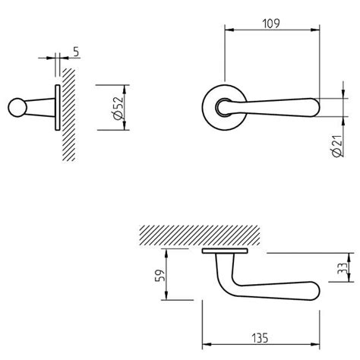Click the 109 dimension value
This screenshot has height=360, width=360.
tap(271, 24)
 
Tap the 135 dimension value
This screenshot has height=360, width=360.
tap(260, 338)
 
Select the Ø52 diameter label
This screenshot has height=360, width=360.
tap(118, 108)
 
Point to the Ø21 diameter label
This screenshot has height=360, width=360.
tap(337, 146)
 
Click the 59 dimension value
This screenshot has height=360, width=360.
tap(160, 275)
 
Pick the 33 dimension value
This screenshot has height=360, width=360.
tap(343, 268)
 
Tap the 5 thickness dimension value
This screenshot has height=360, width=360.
tap(76, 52)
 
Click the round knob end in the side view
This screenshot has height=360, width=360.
tap(17, 107)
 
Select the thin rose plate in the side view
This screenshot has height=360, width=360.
tap(58, 108)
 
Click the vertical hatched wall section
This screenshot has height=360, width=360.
tap(69, 115)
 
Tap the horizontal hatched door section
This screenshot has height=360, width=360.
tap(200, 235)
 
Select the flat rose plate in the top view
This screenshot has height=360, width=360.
tap(225, 251)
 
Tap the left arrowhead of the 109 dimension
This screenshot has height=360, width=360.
tap(229, 30)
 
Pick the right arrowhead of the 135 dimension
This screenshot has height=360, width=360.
tap(315, 344)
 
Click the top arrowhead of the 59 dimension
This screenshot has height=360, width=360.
tap(166, 254)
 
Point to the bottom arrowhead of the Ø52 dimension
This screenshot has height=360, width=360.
tap(125, 125)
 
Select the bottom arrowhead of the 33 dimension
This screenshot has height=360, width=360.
tap(349, 277)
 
